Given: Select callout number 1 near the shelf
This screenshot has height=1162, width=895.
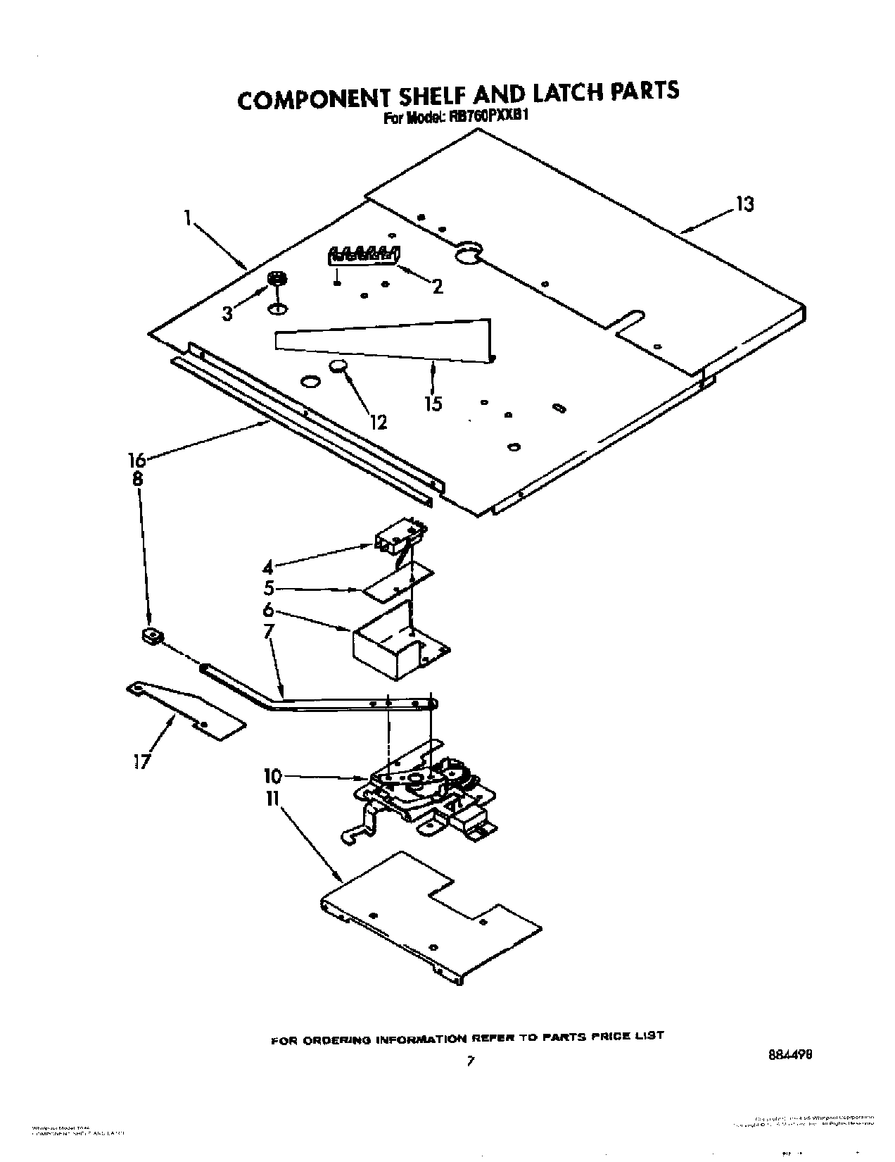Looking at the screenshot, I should (188, 218).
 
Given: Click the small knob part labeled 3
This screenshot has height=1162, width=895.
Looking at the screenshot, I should (278, 279).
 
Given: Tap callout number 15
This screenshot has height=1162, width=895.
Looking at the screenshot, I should (433, 404).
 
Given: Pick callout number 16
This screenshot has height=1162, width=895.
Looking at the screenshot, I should (137, 461).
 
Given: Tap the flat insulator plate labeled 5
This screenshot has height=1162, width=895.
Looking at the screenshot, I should (398, 582).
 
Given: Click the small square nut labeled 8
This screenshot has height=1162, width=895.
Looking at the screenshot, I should (150, 636).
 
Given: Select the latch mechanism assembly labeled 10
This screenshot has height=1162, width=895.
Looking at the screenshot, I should (422, 789).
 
